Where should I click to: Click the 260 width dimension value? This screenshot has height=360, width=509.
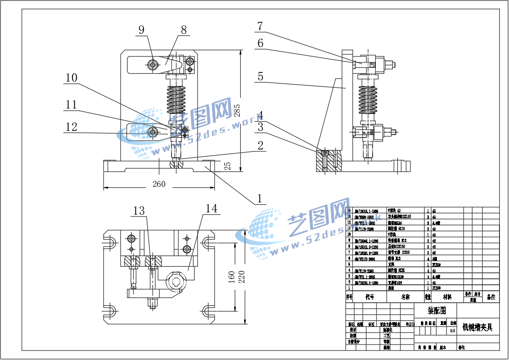click(159, 184)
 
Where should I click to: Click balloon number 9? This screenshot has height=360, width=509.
click(141, 30)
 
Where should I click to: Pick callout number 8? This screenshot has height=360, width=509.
click(184, 30)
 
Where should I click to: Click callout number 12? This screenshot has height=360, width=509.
click(72, 127)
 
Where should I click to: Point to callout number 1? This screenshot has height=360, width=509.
click(260, 198)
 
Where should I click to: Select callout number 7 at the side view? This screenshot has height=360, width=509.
click(260, 26)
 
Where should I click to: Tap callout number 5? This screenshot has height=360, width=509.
click(260, 76)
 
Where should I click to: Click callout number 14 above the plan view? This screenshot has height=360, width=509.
click(212, 208)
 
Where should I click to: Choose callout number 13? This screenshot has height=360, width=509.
click(139, 211)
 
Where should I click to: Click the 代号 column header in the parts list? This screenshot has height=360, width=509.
click(370, 297)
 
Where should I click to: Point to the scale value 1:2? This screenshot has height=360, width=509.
click(452, 331)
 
